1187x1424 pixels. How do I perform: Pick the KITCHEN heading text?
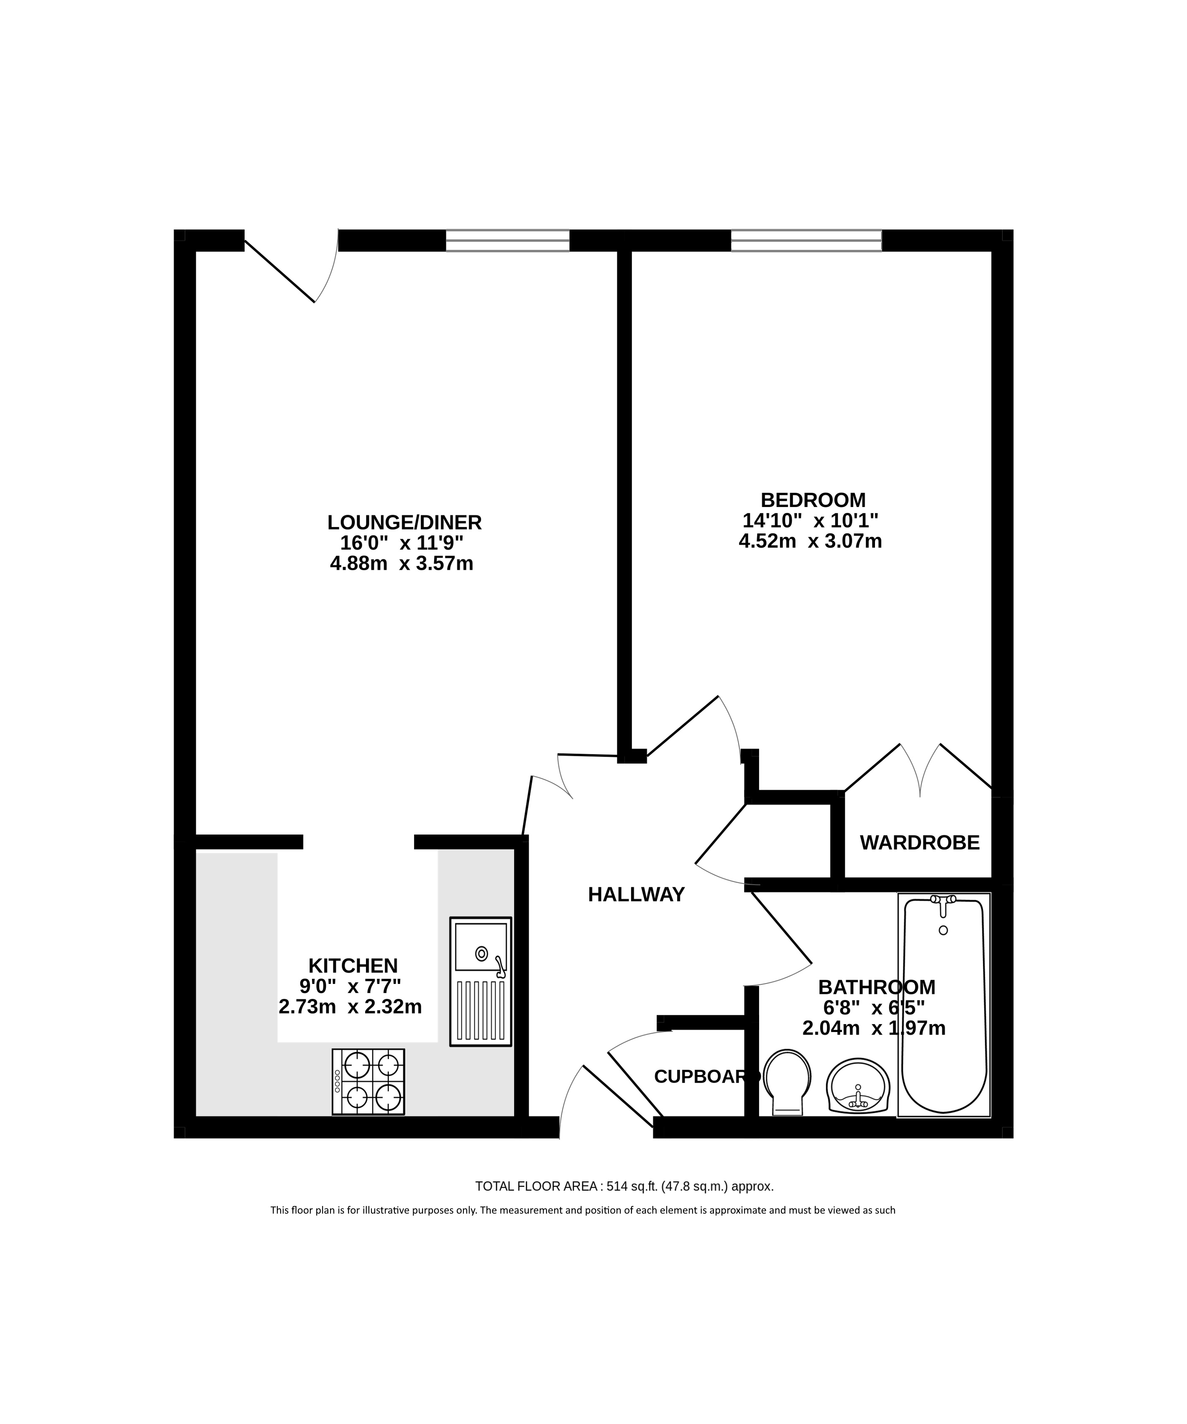353,965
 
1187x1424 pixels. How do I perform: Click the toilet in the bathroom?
787,1082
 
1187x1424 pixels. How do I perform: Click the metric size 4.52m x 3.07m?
810,541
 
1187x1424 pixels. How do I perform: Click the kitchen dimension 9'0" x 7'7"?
350,985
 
